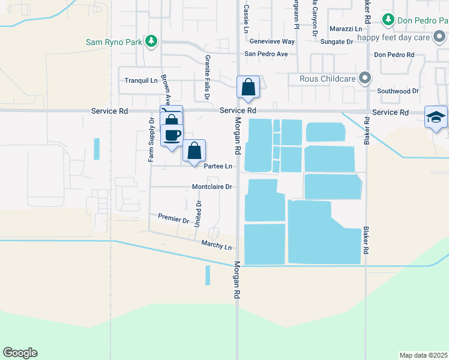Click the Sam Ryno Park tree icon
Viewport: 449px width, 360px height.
[x=152, y=41]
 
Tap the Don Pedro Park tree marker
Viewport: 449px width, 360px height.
[x=388, y=20]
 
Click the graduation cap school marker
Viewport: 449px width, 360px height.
[x=436, y=117]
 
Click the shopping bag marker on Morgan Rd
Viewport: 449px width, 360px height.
[x=248, y=88]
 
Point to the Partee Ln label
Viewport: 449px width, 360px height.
[x=218, y=166]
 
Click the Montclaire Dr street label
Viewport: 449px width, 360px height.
[x=211, y=187]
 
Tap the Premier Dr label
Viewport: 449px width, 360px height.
[x=173, y=218]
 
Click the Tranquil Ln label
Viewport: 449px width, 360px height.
[x=140, y=80]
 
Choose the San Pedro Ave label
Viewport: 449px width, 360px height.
[x=266, y=54]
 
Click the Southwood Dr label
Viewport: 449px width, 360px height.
[x=397, y=91]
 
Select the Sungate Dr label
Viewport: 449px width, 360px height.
[x=336, y=41]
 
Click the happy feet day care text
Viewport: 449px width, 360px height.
[x=403, y=37]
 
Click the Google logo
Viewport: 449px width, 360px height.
[x=20, y=353]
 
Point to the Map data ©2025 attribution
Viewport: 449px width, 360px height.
[x=423, y=355]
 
